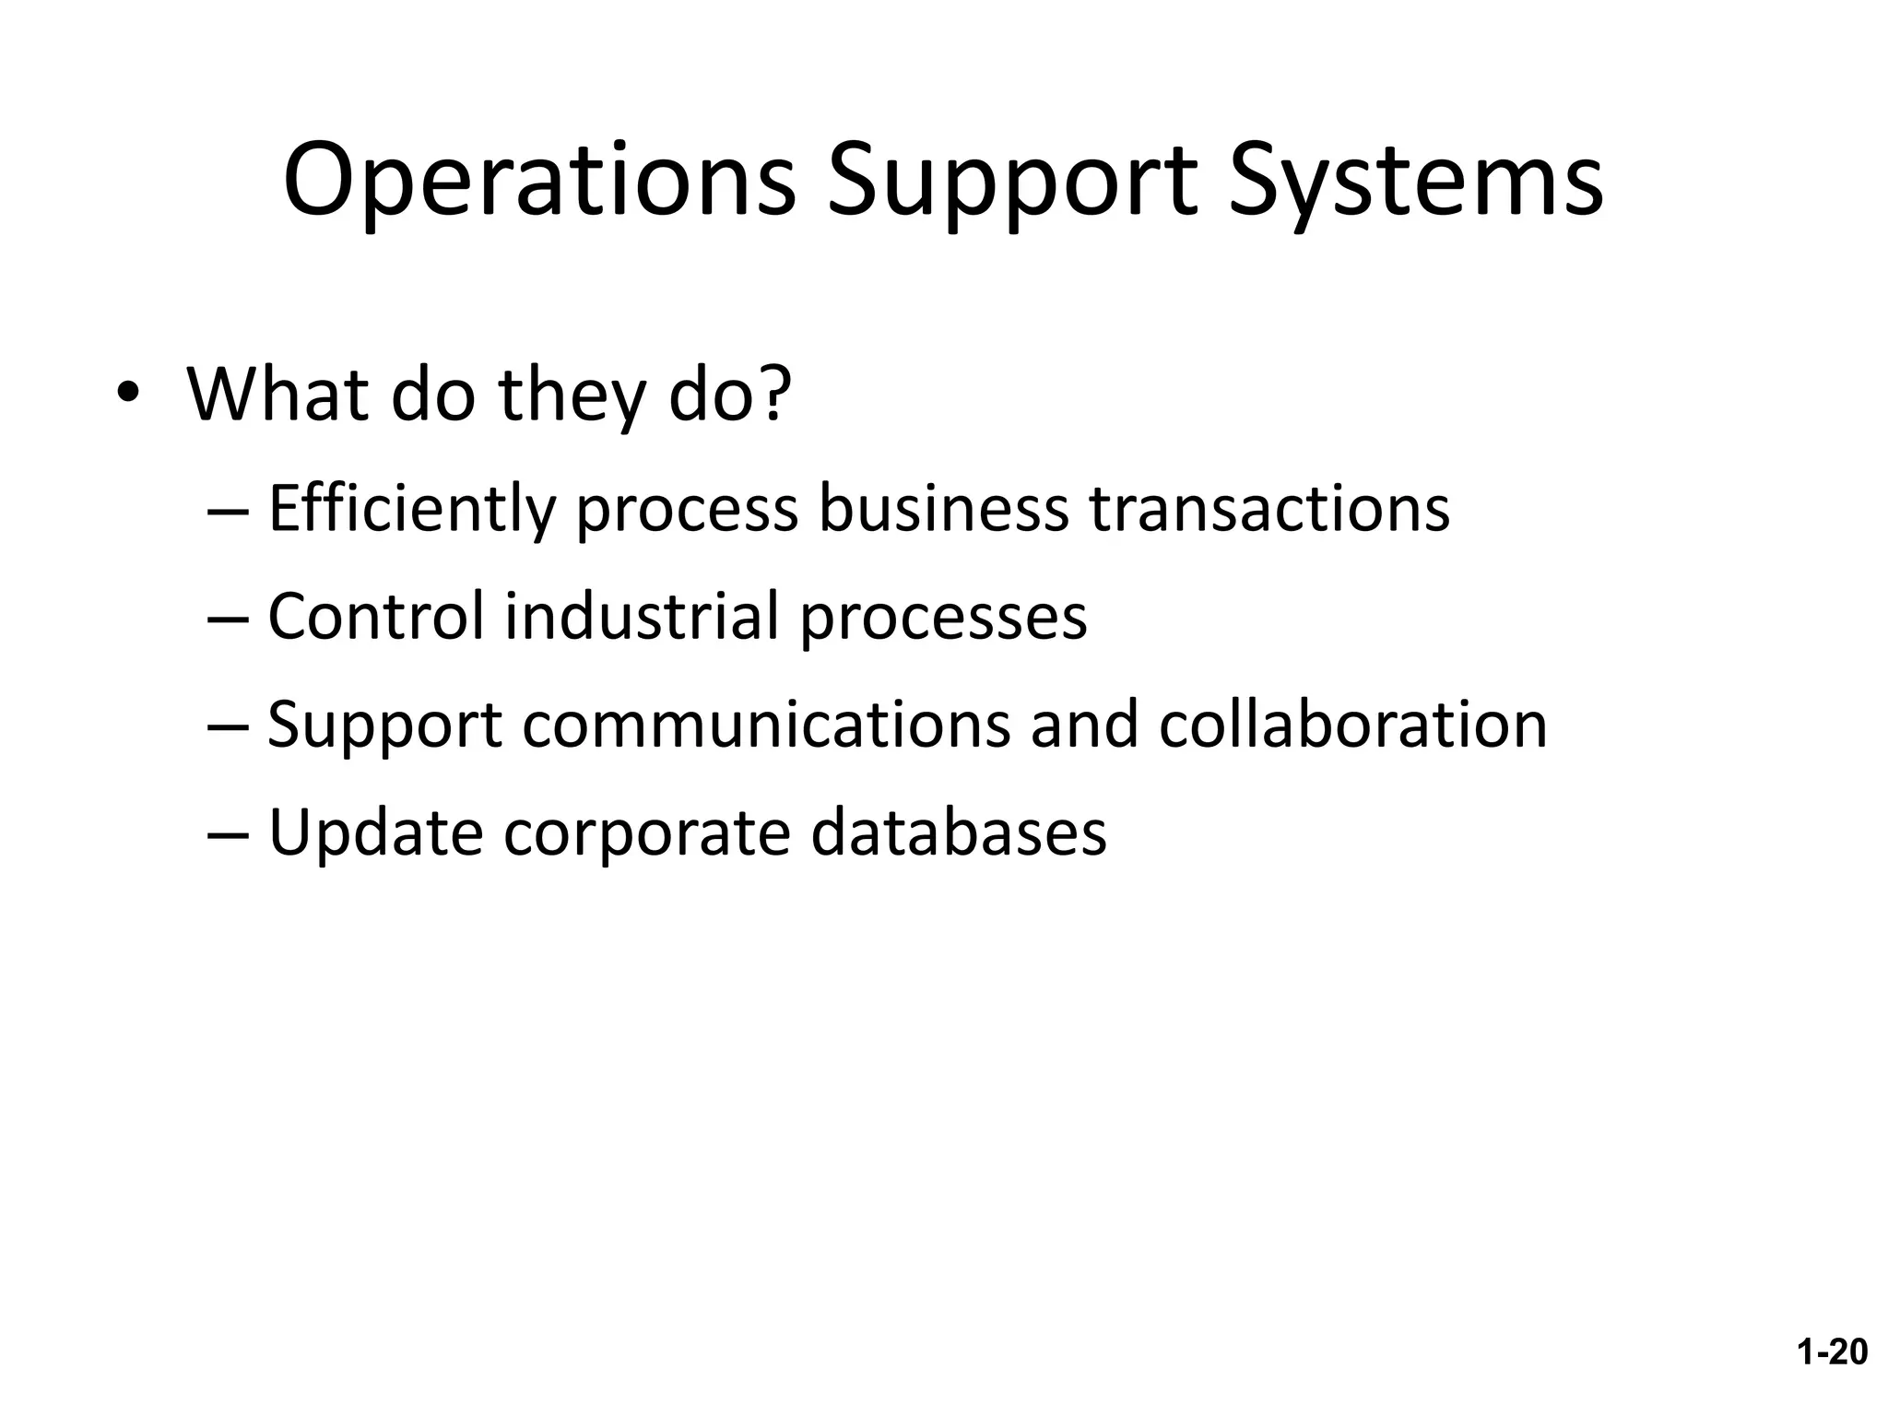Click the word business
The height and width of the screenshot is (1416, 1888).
[x=943, y=508]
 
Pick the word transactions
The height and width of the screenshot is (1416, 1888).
[x=1269, y=508]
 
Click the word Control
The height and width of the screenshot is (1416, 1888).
[x=375, y=616]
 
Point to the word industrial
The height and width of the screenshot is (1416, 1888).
[x=642, y=616]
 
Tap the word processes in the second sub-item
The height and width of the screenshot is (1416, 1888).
[x=943, y=618]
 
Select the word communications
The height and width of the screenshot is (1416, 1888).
[x=766, y=724]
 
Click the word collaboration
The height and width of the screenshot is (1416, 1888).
[x=1352, y=724]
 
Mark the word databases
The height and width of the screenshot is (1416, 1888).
[x=959, y=832]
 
